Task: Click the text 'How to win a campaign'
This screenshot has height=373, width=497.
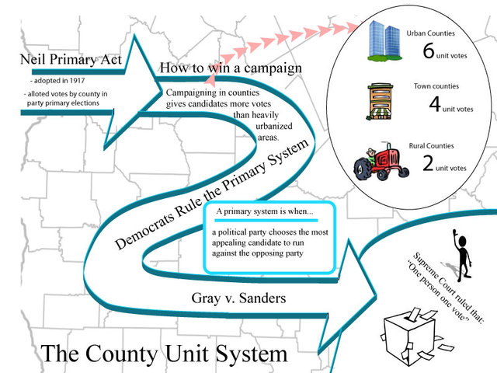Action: (x=231, y=68)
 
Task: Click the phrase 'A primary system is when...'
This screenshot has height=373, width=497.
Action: (x=264, y=211)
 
